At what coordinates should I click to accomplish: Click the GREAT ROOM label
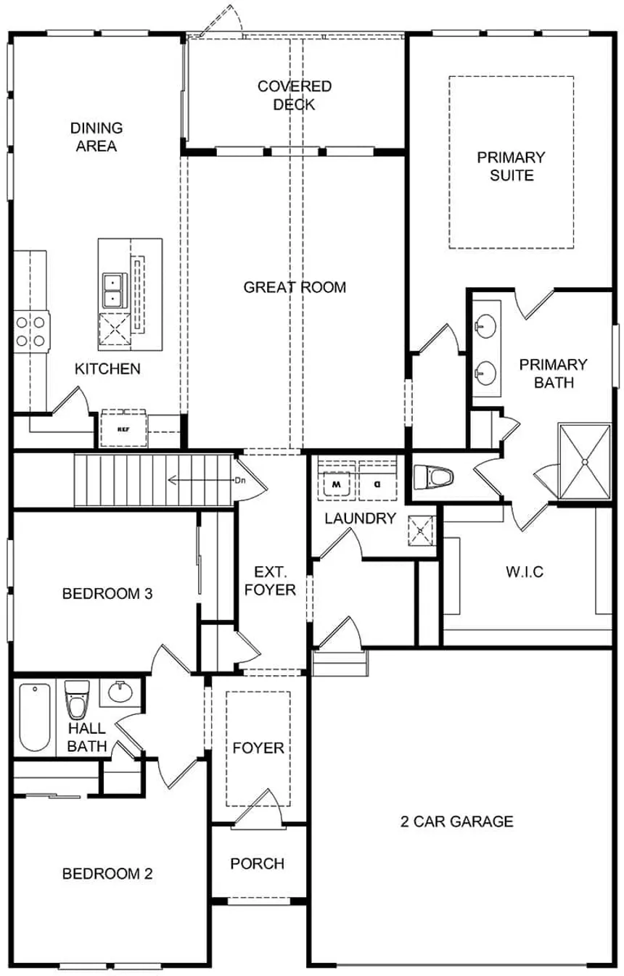(x=295, y=287)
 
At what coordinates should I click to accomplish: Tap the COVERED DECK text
(x=295, y=96)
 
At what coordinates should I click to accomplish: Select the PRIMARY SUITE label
(x=511, y=166)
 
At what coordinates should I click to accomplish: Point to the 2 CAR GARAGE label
(x=456, y=822)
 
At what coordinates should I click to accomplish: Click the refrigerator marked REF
(x=123, y=429)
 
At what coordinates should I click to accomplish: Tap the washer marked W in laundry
(x=336, y=484)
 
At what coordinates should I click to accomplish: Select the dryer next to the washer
(x=377, y=484)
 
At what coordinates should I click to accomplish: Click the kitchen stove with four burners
(x=31, y=331)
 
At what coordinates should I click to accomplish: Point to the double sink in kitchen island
(x=115, y=291)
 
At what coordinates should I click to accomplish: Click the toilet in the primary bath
(x=433, y=476)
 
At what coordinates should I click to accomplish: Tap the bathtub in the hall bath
(x=34, y=717)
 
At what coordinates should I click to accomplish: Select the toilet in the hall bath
(x=77, y=700)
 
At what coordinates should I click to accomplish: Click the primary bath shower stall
(x=585, y=461)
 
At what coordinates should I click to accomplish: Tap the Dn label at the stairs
(x=240, y=481)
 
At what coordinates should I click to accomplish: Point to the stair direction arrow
(x=201, y=481)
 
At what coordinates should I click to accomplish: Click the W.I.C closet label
(x=525, y=571)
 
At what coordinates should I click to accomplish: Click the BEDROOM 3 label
(x=107, y=593)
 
